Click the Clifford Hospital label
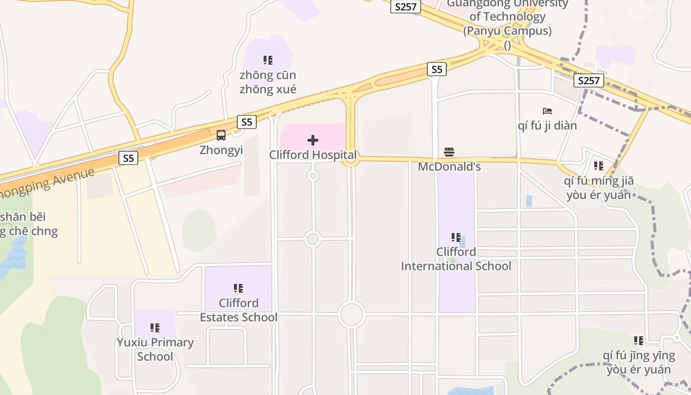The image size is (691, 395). click(x=312, y=155)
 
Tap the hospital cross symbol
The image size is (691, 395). click(x=313, y=140)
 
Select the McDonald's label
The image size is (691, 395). click(x=449, y=167)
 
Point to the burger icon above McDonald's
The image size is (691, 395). click(x=449, y=152)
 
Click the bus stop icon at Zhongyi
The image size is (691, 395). click(x=221, y=135)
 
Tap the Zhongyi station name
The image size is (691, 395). click(x=221, y=150)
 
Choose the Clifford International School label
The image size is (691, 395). click(x=456, y=259)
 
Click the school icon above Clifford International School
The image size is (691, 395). click(x=456, y=237)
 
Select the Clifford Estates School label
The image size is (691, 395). click(x=239, y=310)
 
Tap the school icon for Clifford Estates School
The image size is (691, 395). click(x=238, y=288)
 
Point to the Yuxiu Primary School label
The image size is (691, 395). click(x=155, y=350)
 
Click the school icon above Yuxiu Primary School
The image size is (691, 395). click(x=155, y=327)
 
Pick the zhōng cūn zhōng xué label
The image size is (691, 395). click(x=268, y=82)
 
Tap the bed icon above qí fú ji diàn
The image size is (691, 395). click(x=547, y=111)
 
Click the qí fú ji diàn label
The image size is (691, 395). click(x=547, y=126)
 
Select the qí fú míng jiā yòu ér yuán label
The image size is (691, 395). click(x=599, y=188)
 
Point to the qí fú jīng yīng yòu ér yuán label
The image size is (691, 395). click(x=639, y=362)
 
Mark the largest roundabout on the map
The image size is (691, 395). click(x=351, y=315)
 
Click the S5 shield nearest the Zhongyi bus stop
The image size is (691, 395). click(x=247, y=121)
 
